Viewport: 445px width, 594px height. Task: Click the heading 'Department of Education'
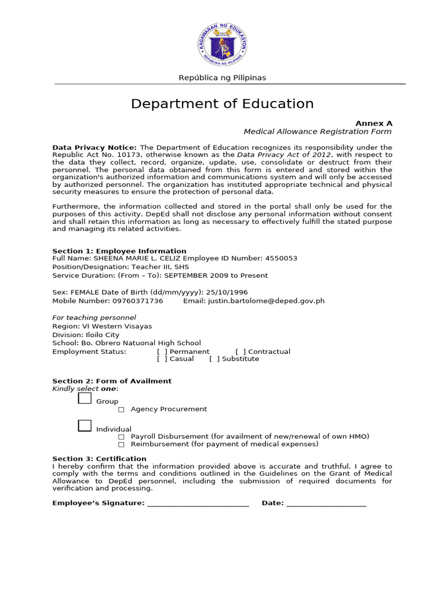pyautogui.click(x=222, y=104)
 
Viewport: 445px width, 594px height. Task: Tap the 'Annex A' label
pyautogui.click(x=374, y=124)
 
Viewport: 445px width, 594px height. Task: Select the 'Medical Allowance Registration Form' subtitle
pyautogui.click(x=318, y=132)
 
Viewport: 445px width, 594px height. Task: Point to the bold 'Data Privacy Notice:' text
pyautogui.click(x=94, y=147)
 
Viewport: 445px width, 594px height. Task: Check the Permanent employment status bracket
pyautogui.click(x=162, y=352)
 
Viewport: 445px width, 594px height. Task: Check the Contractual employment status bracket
pyautogui.click(x=240, y=352)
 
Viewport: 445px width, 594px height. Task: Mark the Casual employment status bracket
pyautogui.click(x=162, y=359)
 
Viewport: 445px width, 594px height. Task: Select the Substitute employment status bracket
pyautogui.click(x=214, y=359)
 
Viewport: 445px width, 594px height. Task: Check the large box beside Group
pyautogui.click(x=85, y=398)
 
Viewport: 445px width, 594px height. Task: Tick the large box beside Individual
pyautogui.click(x=85, y=426)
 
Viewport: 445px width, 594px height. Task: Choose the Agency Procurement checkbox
pyautogui.click(x=121, y=410)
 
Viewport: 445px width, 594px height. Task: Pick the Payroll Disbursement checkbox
pyautogui.click(x=121, y=437)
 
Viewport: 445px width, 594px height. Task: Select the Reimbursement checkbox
pyautogui.click(x=121, y=444)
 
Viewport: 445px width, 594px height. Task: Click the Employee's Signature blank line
pyautogui.click(x=198, y=504)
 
